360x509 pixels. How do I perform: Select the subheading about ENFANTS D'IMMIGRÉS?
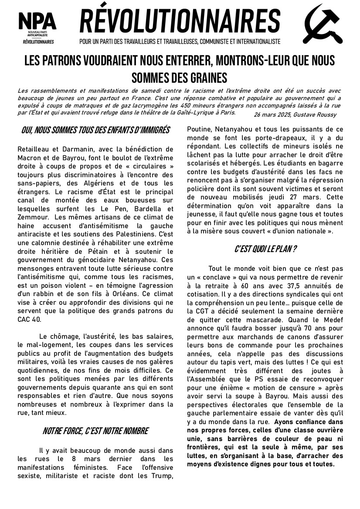[x=95, y=130]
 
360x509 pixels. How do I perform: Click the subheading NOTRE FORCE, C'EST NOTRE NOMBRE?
[x=95, y=431]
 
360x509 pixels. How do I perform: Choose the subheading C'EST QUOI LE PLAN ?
[x=266, y=249]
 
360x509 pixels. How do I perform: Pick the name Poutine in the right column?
[x=200, y=129]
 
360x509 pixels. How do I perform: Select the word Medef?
[x=331, y=319]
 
